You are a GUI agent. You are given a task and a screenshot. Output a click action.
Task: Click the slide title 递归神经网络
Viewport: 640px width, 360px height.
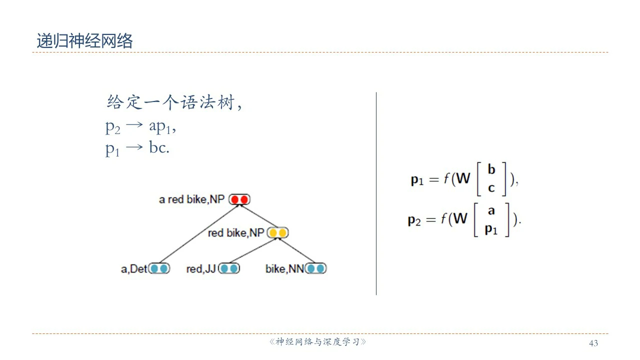point(84,41)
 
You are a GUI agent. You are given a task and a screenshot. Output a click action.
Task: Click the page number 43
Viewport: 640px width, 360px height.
point(593,343)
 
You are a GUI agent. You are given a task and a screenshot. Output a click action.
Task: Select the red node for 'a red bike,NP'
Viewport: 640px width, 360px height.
point(239,200)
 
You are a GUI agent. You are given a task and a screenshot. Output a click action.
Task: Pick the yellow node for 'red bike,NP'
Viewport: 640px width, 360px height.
point(278,233)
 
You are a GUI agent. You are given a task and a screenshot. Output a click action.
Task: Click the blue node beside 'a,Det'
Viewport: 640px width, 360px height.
point(159,269)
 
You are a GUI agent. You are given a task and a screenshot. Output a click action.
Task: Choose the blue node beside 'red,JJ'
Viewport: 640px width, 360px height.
point(229,269)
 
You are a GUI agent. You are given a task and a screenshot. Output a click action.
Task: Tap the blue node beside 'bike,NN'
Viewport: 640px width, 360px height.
point(315,269)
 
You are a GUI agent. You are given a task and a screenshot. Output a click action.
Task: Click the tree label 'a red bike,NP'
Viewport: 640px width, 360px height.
point(192,200)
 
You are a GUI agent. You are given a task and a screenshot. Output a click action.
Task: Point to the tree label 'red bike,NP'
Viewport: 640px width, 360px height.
point(235,233)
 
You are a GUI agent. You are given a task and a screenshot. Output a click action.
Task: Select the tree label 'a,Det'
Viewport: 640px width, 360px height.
point(134,269)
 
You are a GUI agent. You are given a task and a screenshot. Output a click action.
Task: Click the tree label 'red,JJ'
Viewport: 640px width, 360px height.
point(201,269)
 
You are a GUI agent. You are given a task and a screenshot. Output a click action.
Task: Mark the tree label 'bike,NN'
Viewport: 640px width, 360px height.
point(284,269)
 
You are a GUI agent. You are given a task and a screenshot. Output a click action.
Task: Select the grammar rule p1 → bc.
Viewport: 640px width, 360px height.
point(137,148)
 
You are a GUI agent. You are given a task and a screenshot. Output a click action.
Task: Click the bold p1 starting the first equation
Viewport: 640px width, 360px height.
point(417,180)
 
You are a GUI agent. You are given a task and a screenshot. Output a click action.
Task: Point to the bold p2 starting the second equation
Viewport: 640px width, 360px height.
point(414,220)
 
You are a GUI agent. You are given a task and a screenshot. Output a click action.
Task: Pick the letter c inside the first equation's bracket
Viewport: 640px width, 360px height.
point(491,188)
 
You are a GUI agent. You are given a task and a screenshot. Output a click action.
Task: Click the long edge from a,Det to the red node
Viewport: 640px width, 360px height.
point(200,232)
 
